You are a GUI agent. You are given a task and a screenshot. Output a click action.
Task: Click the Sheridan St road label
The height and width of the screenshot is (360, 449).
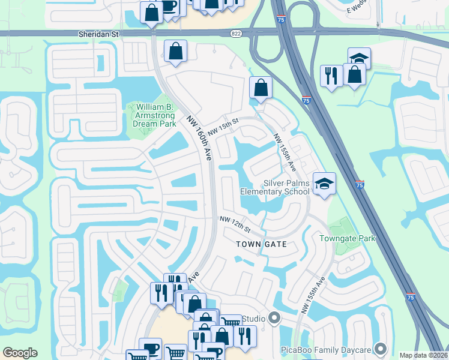(99, 35)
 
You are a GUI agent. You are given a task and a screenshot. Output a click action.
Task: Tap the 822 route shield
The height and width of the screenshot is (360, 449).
(237, 35)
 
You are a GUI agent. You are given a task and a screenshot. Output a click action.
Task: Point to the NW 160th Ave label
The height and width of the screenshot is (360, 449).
(198, 138)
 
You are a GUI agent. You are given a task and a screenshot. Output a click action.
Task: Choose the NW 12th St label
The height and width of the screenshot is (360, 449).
(234, 225)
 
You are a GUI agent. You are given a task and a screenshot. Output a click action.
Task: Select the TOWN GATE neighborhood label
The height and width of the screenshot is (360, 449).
(261, 244)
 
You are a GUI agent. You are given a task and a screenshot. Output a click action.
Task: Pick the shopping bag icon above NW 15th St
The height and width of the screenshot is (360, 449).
(261, 88)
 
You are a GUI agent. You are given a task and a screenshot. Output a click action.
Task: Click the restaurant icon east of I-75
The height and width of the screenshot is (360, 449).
(331, 76)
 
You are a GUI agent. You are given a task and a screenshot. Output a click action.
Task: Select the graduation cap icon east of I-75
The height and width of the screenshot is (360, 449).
(359, 58)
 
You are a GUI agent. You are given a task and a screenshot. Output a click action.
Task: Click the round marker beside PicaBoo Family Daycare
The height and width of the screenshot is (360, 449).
(380, 348)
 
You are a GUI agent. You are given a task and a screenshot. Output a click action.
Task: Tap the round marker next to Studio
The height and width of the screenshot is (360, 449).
(275, 317)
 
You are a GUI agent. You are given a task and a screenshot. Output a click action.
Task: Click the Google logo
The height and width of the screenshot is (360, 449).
(20, 353)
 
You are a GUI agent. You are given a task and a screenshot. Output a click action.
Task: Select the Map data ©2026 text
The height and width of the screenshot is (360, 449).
(424, 355)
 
